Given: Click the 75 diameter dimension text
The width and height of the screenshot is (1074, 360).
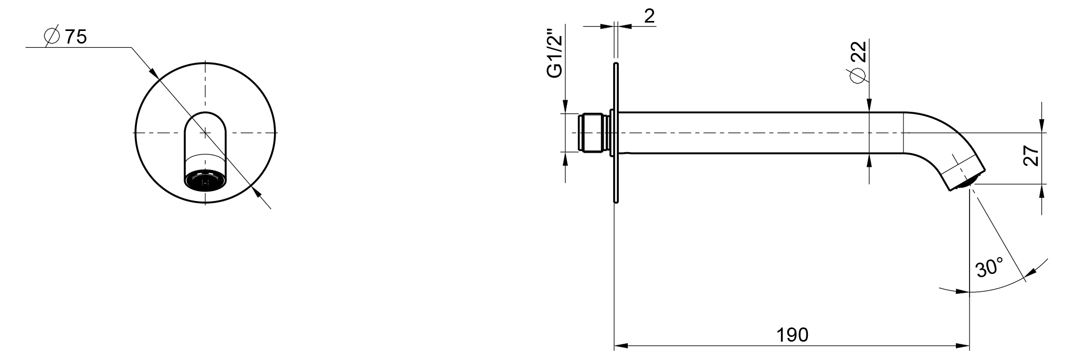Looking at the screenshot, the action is pyautogui.click(x=76, y=37).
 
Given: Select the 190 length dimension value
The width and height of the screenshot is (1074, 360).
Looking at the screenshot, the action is pyautogui.click(x=793, y=335).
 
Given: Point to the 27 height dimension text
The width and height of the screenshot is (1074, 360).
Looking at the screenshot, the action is pyautogui.click(x=1032, y=156).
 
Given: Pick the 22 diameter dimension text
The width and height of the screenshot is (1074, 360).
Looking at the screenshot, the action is pyautogui.click(x=859, y=53).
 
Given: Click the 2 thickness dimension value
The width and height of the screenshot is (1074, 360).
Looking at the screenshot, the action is pyautogui.click(x=649, y=16).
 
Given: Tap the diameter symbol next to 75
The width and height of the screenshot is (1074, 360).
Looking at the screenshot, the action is pyautogui.click(x=52, y=37).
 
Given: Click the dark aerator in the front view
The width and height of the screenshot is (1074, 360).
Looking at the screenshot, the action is pyautogui.click(x=205, y=181).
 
